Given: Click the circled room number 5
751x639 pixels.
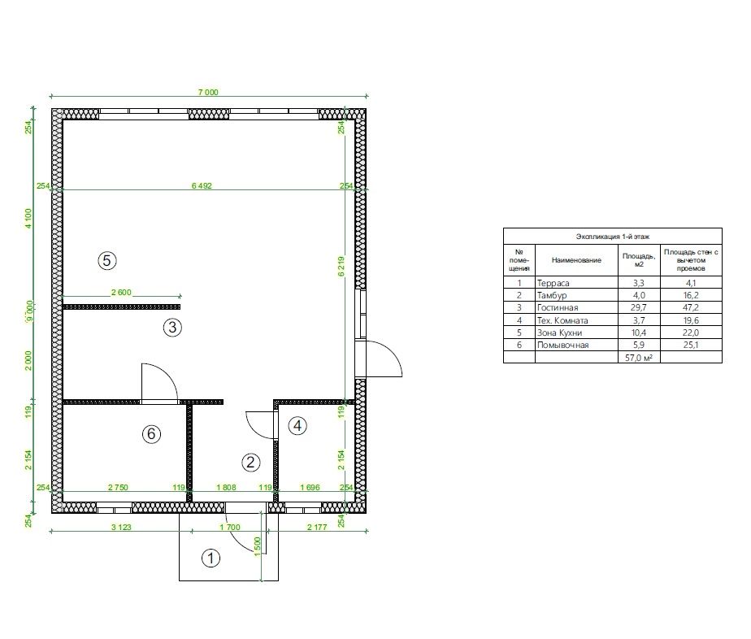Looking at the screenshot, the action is click(x=106, y=261).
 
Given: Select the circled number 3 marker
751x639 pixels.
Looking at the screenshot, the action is click(x=172, y=328).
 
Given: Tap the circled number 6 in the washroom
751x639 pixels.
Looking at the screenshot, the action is click(x=151, y=434).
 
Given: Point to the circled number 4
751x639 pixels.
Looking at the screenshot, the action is click(x=297, y=425).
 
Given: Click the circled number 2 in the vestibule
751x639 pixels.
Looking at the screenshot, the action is click(x=250, y=463).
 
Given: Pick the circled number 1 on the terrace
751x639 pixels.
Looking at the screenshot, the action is click(x=211, y=558).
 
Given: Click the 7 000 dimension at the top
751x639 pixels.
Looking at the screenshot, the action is click(x=208, y=93).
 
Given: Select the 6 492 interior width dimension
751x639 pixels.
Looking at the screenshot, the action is click(x=202, y=186).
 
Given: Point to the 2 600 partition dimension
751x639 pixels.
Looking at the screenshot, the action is click(x=121, y=293).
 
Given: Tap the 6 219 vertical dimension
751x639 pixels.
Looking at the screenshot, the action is click(x=341, y=267).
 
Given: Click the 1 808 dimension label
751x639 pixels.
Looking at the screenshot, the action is click(x=226, y=488).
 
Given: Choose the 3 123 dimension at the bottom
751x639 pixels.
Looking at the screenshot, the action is click(x=121, y=528).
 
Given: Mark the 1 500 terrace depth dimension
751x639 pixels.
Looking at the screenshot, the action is click(x=257, y=546).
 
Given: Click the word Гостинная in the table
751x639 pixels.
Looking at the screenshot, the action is click(x=558, y=308).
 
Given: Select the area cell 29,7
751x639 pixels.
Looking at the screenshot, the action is click(x=639, y=308).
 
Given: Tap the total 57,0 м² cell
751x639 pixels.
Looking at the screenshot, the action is click(x=639, y=358).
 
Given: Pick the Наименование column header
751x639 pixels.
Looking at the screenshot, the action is click(x=576, y=260).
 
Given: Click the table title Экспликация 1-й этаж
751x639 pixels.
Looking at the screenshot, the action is click(x=613, y=237).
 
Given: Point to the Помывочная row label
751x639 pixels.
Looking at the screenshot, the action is click(x=562, y=345).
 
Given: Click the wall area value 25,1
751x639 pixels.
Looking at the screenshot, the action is click(x=691, y=345).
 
